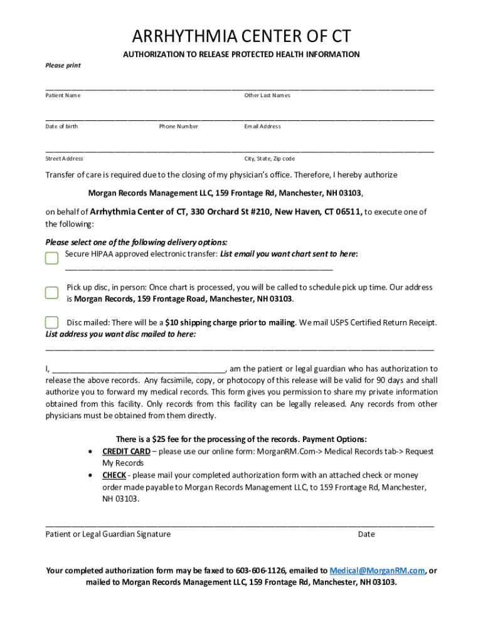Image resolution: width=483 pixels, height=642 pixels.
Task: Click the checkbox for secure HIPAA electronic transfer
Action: (52, 258)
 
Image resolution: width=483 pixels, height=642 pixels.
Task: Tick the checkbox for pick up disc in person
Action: (52, 293)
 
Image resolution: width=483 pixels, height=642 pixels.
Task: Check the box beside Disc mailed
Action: (52, 322)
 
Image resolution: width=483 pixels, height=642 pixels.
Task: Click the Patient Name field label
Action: (63, 95)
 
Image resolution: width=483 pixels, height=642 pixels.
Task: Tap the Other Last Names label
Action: (267, 95)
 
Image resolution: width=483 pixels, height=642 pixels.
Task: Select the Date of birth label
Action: (61, 127)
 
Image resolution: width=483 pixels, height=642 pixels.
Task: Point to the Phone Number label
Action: (178, 127)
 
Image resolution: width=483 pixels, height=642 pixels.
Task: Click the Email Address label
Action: (262, 127)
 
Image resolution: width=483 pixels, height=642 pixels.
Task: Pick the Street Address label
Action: (64, 159)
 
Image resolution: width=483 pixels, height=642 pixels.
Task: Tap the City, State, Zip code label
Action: (269, 159)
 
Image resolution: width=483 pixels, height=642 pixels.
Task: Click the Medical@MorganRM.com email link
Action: (377, 571)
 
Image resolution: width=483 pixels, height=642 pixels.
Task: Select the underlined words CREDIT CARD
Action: (126, 451)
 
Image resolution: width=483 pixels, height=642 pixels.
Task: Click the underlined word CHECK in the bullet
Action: (114, 475)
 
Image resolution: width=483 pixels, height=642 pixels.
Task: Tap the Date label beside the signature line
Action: (366, 534)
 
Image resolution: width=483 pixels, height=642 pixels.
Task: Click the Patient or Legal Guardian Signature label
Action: (108, 534)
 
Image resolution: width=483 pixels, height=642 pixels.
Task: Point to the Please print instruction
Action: (63, 65)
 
